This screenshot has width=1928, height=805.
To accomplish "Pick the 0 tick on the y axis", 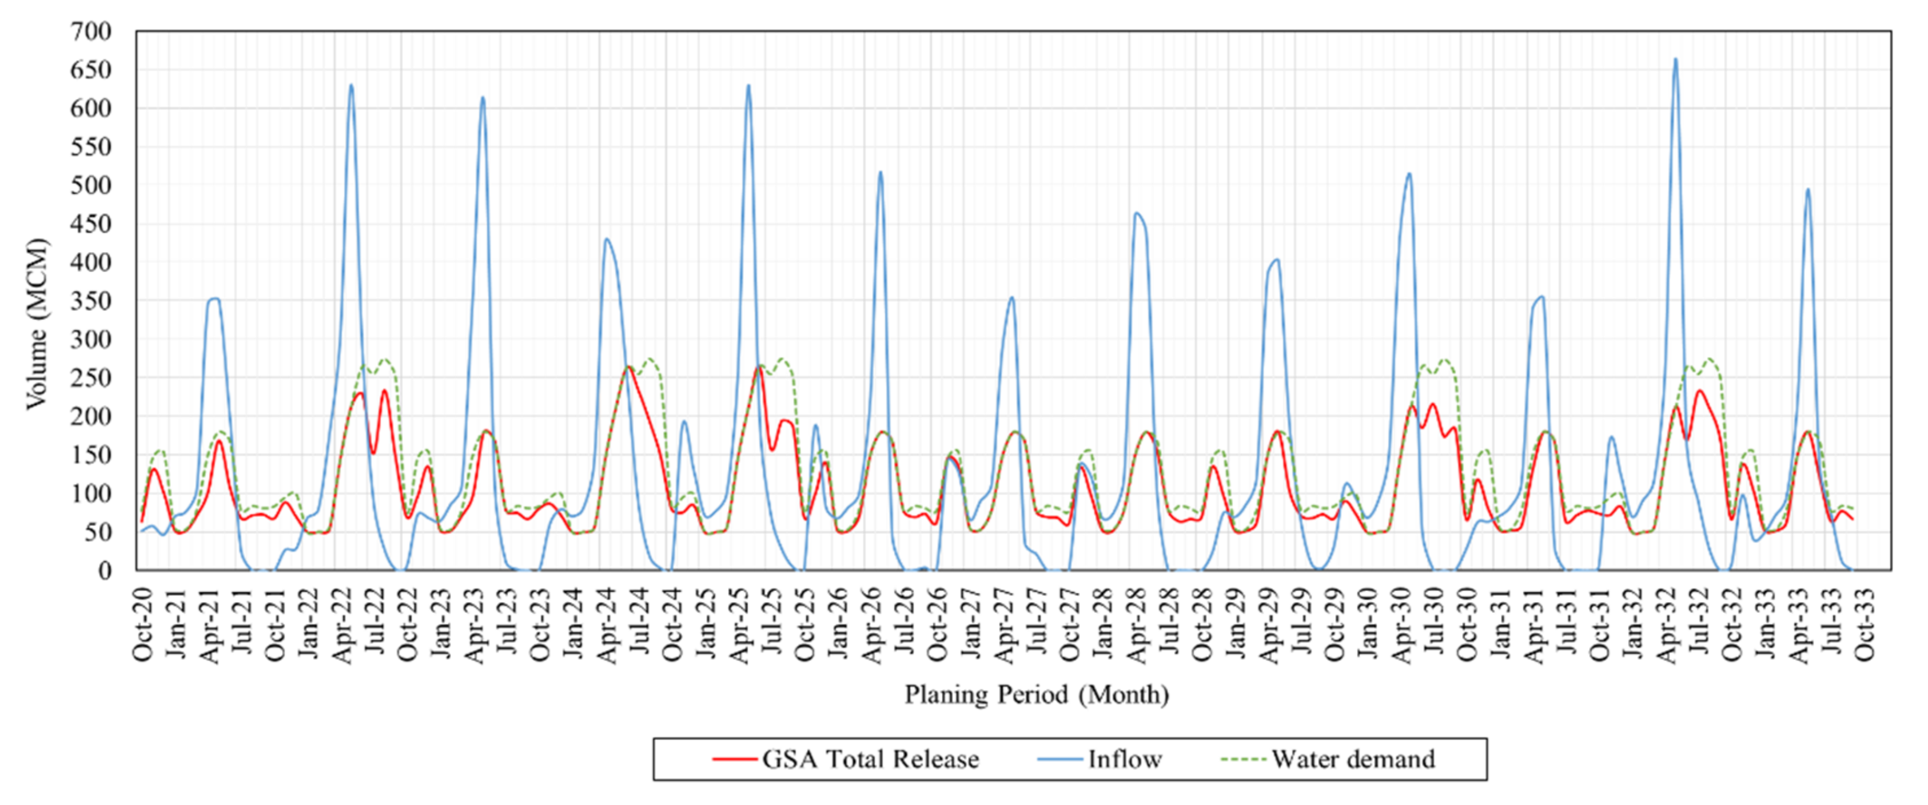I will (104, 570).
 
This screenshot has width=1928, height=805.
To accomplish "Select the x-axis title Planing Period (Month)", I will (1037, 694).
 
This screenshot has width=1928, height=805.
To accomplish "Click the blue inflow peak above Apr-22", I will (351, 85).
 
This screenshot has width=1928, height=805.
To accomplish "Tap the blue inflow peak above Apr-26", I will (880, 173).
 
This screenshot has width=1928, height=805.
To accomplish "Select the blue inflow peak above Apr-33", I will (1807, 189).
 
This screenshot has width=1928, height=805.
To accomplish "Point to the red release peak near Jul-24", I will (629, 366).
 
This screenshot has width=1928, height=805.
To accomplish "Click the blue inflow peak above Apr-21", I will (215, 298).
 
